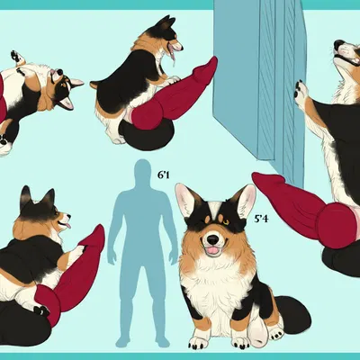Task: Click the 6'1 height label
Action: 164,175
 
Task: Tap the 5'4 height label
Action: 261,219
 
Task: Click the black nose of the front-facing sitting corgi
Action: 212,238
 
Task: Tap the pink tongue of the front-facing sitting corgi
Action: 213,251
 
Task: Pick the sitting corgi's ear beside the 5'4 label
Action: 244,200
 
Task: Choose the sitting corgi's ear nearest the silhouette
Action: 186,200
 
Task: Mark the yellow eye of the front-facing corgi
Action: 226,222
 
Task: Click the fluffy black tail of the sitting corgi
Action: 292,313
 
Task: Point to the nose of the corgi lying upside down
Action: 59,72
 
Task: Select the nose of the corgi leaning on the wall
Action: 338,44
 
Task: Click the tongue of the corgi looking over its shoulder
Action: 67,225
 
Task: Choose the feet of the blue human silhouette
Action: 142,341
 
